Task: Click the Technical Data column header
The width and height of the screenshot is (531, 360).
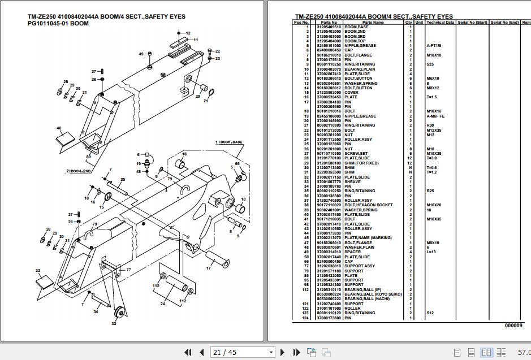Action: pos(440,22)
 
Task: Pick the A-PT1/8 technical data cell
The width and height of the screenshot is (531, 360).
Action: pos(435,46)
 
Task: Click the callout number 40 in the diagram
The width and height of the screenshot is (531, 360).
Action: pos(59,128)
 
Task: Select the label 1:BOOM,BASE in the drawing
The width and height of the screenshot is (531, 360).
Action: pos(228,142)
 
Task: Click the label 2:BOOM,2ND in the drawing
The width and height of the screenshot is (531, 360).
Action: pos(83,170)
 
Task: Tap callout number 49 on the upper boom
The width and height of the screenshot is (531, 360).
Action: pos(141,54)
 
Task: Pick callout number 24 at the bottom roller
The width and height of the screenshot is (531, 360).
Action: pos(163,304)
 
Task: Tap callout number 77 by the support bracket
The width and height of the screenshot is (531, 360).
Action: pos(128,270)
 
